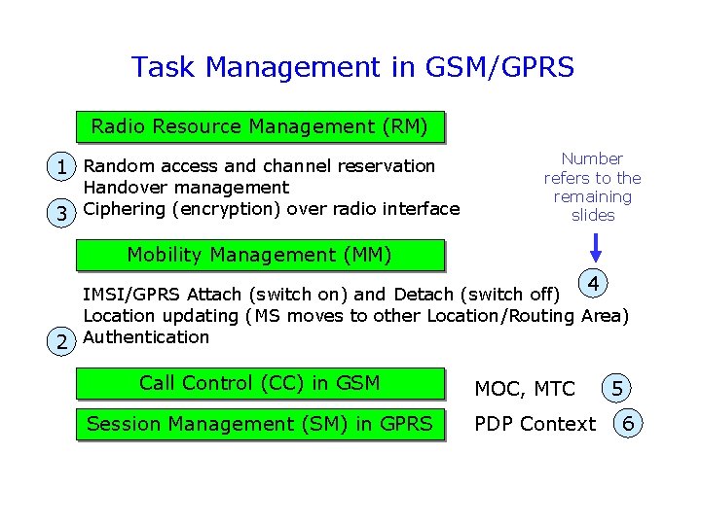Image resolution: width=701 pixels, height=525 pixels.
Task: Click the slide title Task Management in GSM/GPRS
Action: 352,67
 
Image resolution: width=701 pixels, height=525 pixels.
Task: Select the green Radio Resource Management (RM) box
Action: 259,126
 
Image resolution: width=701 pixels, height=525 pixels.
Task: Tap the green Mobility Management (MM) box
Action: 259,256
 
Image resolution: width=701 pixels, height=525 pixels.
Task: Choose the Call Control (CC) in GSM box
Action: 259,383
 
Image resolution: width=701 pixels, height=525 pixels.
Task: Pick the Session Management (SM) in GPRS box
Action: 259,424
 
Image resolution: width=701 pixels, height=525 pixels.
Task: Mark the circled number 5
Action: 617,389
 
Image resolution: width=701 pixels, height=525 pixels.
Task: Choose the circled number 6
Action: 629,424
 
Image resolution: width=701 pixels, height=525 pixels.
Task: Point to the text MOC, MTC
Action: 524,390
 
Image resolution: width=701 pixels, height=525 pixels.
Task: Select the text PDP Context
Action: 535,425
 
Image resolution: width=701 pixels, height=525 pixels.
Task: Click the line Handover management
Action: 186,188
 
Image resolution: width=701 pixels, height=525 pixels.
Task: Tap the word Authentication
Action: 146,337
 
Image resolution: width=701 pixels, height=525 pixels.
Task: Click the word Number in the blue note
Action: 592,158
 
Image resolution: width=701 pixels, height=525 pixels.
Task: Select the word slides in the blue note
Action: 593,216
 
